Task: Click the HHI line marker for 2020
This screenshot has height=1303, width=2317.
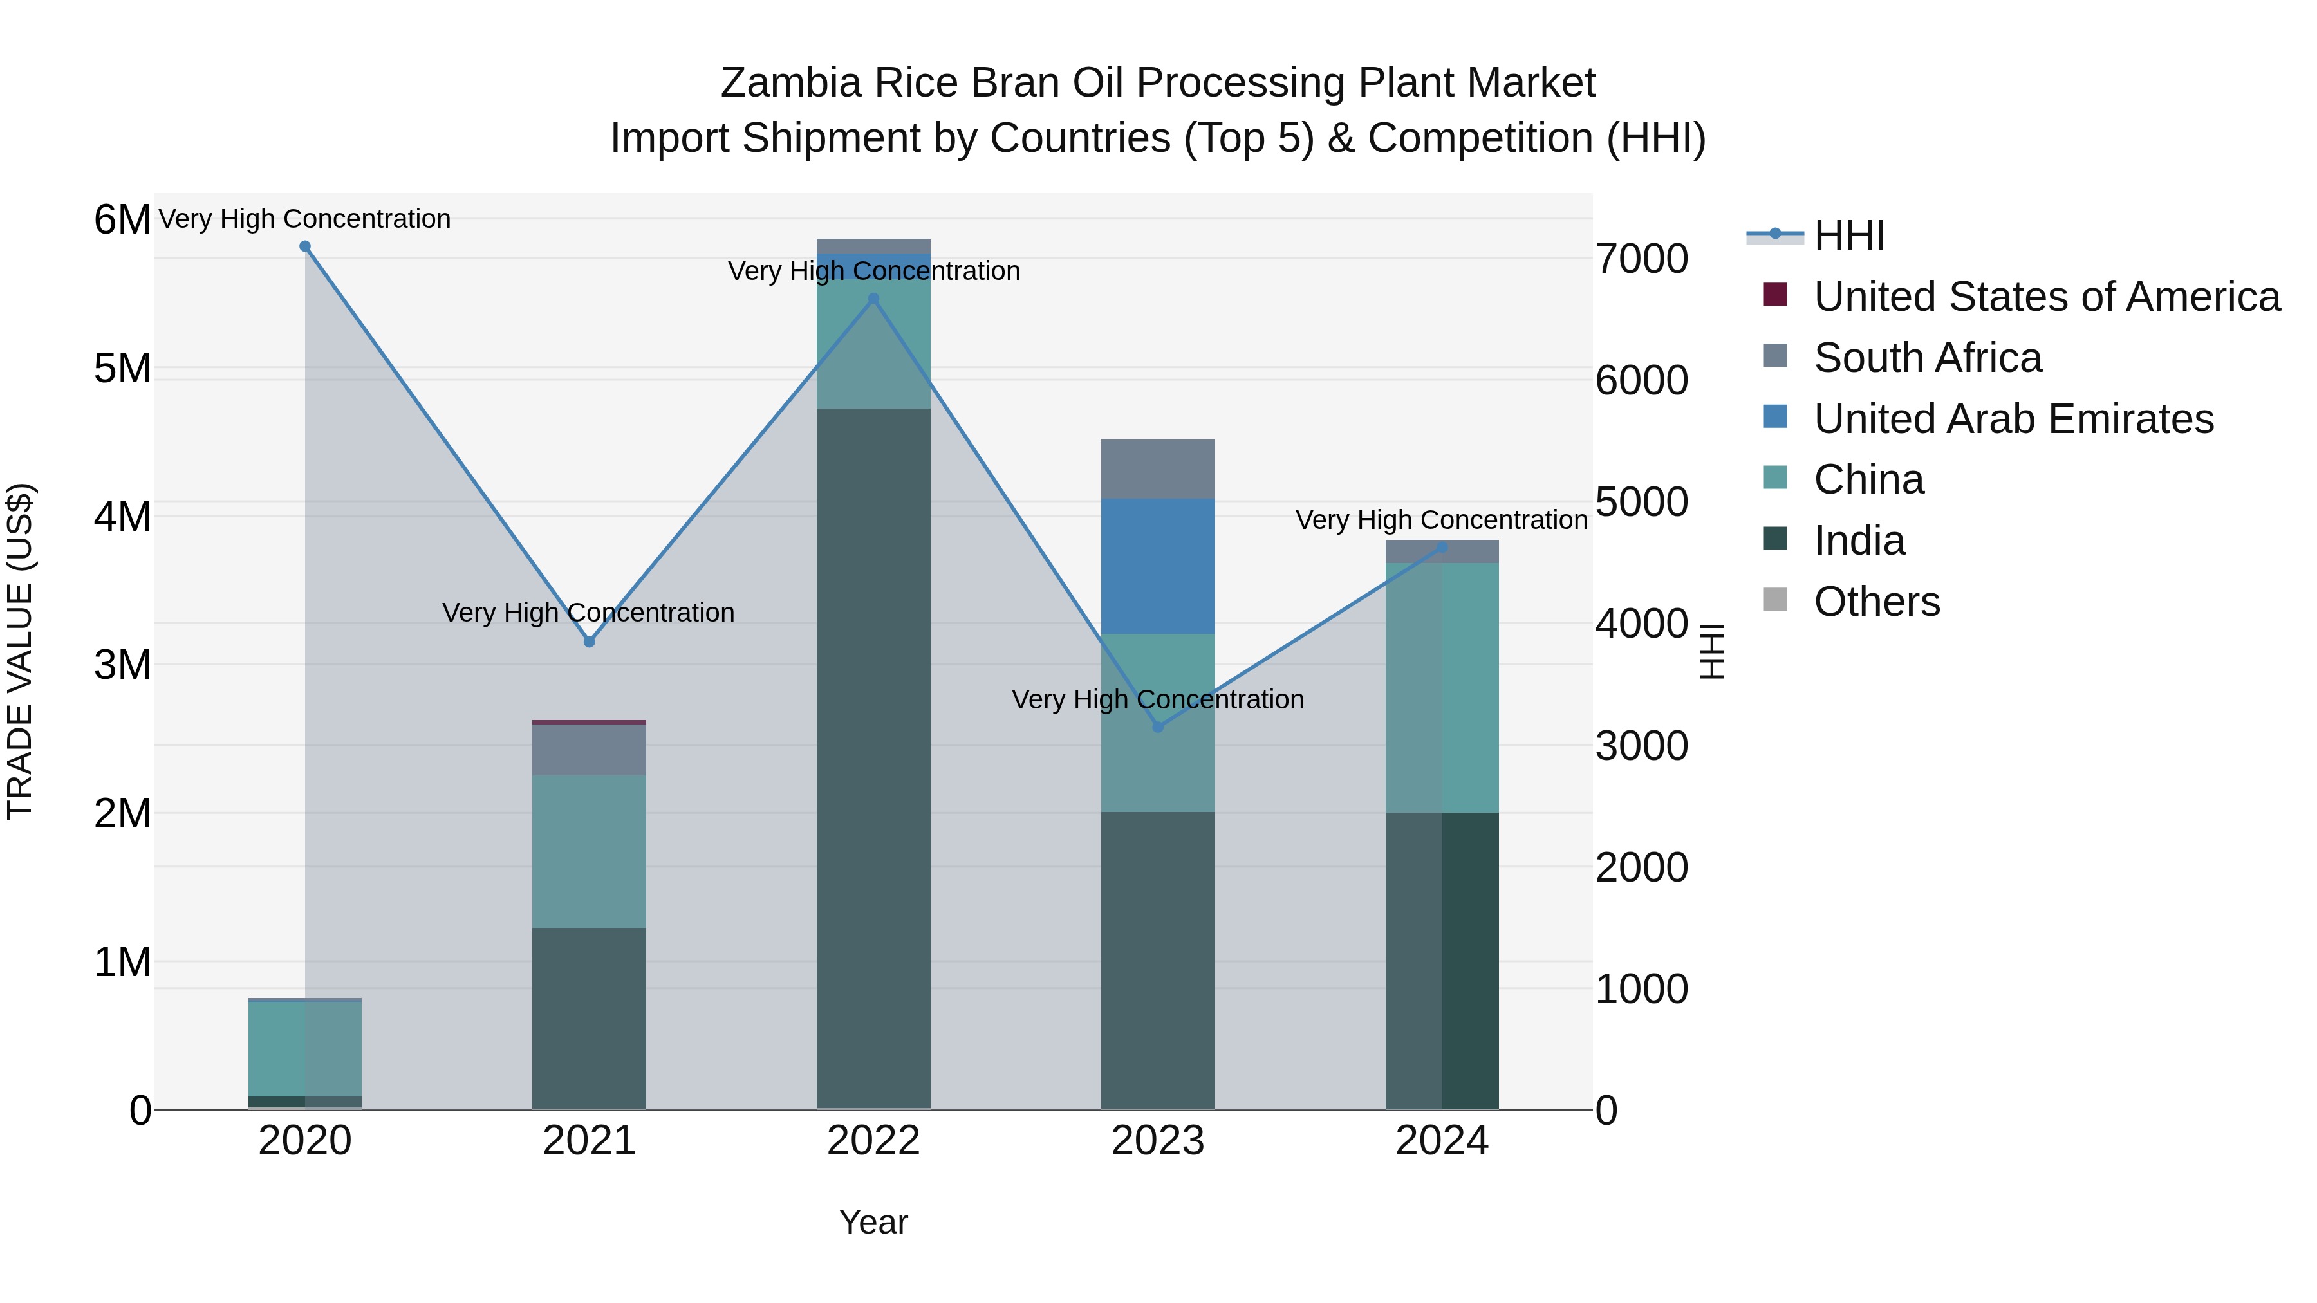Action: click(305, 246)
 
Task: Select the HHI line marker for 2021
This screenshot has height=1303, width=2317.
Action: click(589, 642)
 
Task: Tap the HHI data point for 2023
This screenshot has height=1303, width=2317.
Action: click(1158, 726)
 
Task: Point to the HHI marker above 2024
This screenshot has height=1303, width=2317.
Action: click(1442, 547)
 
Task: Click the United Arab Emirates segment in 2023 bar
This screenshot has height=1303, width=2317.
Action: click(1158, 566)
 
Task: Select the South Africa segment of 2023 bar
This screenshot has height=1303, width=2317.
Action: click(1158, 470)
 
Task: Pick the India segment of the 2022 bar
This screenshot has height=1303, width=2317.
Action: click(873, 758)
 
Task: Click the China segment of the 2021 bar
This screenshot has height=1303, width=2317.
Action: click(589, 851)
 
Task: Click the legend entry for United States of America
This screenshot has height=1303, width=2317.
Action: click(2046, 297)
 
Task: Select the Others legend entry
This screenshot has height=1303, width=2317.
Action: click(1876, 602)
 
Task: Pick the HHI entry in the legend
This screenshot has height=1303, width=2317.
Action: click(1848, 236)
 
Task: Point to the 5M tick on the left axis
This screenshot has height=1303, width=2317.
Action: click(122, 369)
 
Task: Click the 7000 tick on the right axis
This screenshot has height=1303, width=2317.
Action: click(1641, 259)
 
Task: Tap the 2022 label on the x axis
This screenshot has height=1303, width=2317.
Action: click(873, 1141)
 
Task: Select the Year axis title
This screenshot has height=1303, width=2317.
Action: click(873, 1222)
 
